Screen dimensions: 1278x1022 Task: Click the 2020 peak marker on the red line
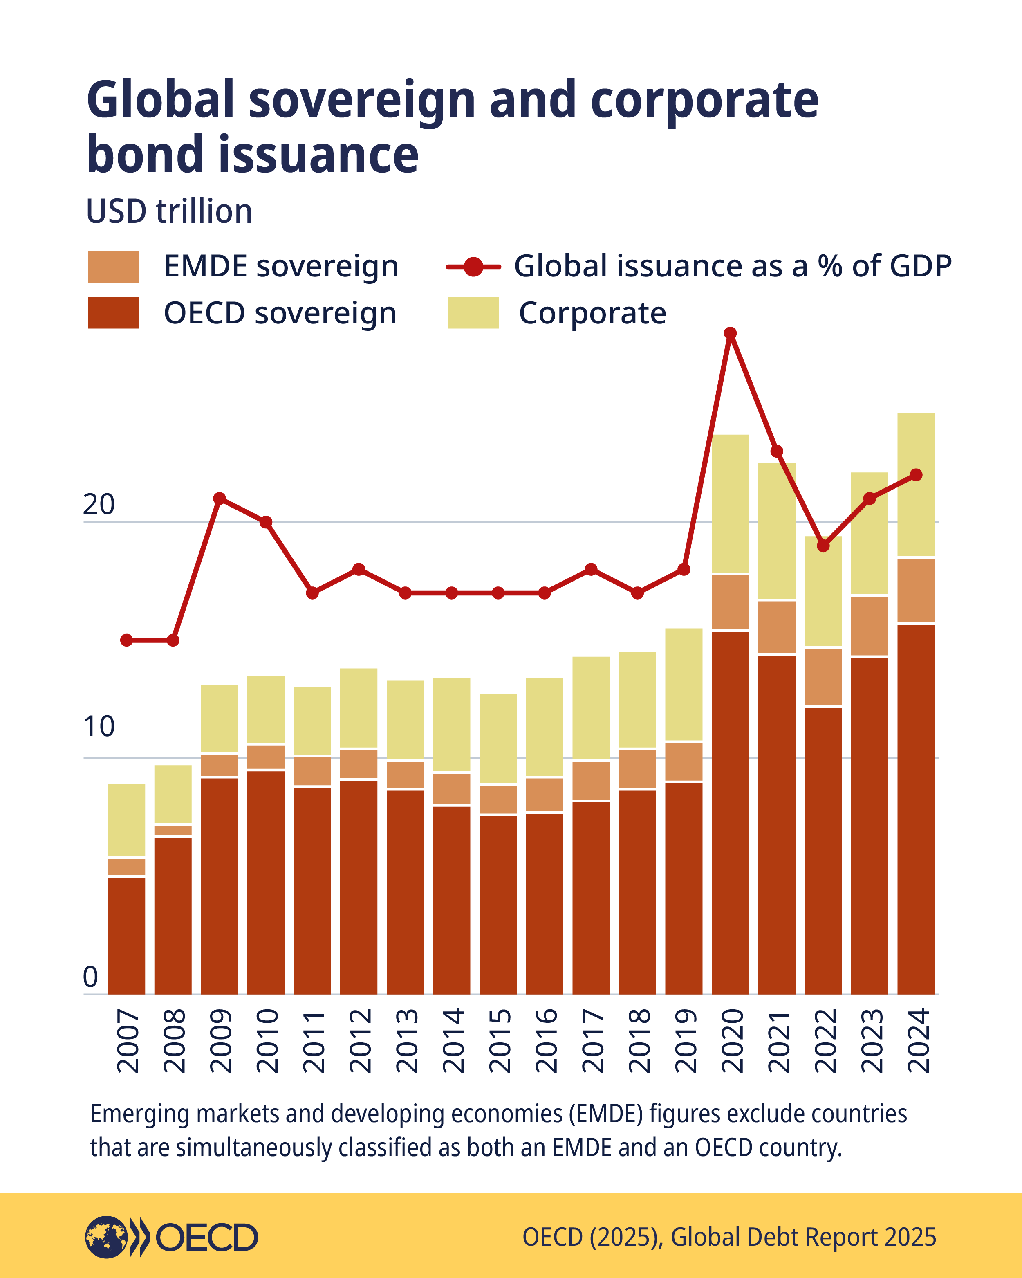[x=731, y=333]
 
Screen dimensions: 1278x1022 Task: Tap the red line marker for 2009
[x=219, y=498]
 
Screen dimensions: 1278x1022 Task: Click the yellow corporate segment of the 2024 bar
[x=916, y=485]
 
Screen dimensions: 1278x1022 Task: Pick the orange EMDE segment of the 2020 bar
[x=730, y=602]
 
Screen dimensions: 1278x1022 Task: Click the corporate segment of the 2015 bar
[x=498, y=739]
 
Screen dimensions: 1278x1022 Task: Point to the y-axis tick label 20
[x=99, y=504]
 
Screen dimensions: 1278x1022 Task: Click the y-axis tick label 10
[x=99, y=727]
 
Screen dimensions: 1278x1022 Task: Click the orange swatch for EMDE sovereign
[x=113, y=267]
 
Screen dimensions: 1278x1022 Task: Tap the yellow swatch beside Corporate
[x=473, y=312]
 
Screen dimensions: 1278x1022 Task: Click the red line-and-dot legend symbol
[x=473, y=267]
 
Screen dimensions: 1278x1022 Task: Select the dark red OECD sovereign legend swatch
[x=113, y=312]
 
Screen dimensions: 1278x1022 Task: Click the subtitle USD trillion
[x=169, y=211]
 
